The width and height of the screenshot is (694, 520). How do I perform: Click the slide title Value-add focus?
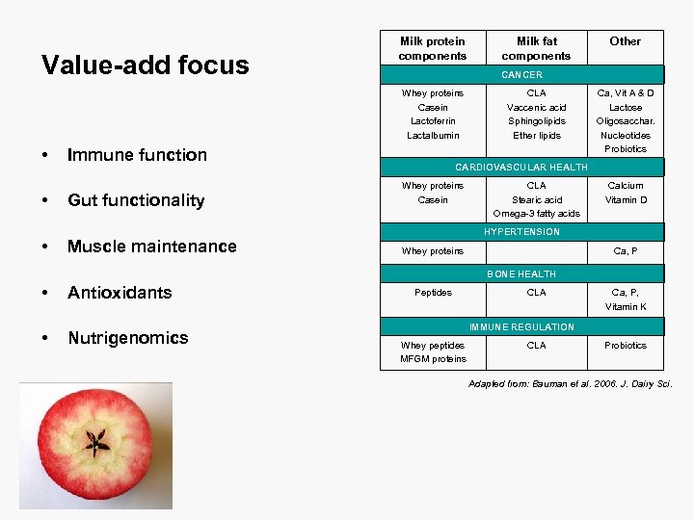[x=145, y=65]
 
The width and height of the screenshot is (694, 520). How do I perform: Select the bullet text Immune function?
[x=136, y=155]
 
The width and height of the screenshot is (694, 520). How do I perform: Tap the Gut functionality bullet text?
[x=135, y=200]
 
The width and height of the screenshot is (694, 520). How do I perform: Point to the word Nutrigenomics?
[x=127, y=338]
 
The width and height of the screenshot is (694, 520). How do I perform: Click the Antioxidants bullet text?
[x=120, y=293]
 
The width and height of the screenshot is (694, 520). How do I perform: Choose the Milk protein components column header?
[x=433, y=48]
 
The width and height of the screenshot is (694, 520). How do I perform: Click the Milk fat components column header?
[x=537, y=48]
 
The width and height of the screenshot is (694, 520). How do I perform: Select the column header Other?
[x=625, y=41]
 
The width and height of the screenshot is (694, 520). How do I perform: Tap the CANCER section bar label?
[x=521, y=75]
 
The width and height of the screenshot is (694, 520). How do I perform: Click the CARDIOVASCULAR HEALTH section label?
[x=521, y=168]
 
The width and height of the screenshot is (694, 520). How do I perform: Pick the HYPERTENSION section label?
[x=521, y=232]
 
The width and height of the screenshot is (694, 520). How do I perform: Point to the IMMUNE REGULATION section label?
[x=521, y=327]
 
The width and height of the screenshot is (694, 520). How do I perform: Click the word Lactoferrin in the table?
[x=433, y=121]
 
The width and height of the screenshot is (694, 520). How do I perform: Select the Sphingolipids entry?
[x=537, y=121]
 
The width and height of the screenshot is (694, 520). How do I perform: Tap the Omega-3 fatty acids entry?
[x=537, y=214]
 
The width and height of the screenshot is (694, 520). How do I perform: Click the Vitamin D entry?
[x=626, y=200]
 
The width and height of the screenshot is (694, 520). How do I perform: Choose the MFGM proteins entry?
[x=433, y=359]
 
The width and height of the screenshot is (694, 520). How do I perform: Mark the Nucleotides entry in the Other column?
[x=626, y=136]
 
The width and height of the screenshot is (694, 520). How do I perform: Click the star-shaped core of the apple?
[x=95, y=443]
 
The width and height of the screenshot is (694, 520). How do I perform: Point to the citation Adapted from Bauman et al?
[x=570, y=385]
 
